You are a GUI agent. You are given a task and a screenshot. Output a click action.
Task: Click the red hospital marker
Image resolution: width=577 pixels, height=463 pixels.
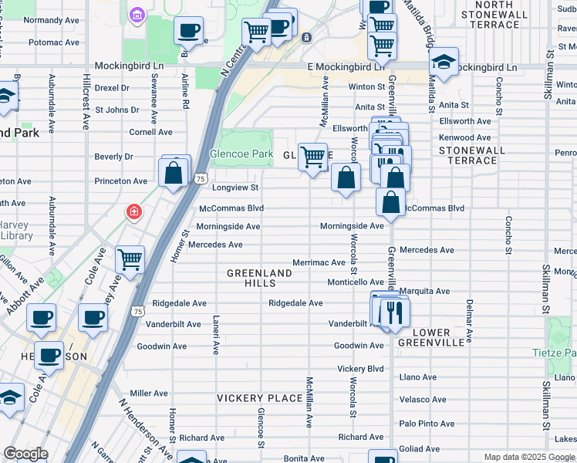pyautogui.click(x=134, y=211)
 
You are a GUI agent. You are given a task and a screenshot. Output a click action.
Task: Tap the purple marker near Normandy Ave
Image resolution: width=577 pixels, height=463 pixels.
pyautogui.click(x=138, y=14)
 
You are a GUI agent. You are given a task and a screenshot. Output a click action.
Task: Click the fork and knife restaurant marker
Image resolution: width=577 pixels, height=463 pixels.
pyautogui.click(x=394, y=311)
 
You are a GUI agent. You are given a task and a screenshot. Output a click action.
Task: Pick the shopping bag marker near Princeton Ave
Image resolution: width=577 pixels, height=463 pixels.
pyautogui.click(x=174, y=172)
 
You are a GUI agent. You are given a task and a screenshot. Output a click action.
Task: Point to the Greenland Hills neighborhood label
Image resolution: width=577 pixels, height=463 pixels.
pyautogui.click(x=260, y=279)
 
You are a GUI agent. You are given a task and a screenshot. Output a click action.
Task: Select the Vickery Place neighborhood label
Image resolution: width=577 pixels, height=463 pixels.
pyautogui.click(x=249, y=398)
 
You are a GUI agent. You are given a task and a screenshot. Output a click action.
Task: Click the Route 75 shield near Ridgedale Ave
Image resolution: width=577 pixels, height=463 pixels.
pyautogui.click(x=137, y=310)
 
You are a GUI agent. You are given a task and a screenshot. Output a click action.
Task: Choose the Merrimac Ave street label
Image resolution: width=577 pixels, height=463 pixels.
pyautogui.click(x=319, y=262)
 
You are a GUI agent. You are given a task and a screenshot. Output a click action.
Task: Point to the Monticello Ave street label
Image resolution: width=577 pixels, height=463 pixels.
pyautogui.click(x=356, y=282)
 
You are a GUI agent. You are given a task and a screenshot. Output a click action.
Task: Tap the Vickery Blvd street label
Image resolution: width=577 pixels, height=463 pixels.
pyautogui.click(x=360, y=369)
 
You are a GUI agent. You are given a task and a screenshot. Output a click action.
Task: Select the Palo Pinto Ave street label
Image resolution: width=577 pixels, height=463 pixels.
pyautogui.click(x=427, y=424)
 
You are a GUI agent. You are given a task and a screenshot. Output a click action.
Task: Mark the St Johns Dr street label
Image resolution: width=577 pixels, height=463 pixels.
pyautogui.click(x=116, y=110)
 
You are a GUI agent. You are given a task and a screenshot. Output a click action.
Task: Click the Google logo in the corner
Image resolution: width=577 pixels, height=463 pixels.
pyautogui.click(x=25, y=454)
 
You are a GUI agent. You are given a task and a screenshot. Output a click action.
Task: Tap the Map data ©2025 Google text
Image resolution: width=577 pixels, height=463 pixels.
pyautogui.click(x=528, y=457)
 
